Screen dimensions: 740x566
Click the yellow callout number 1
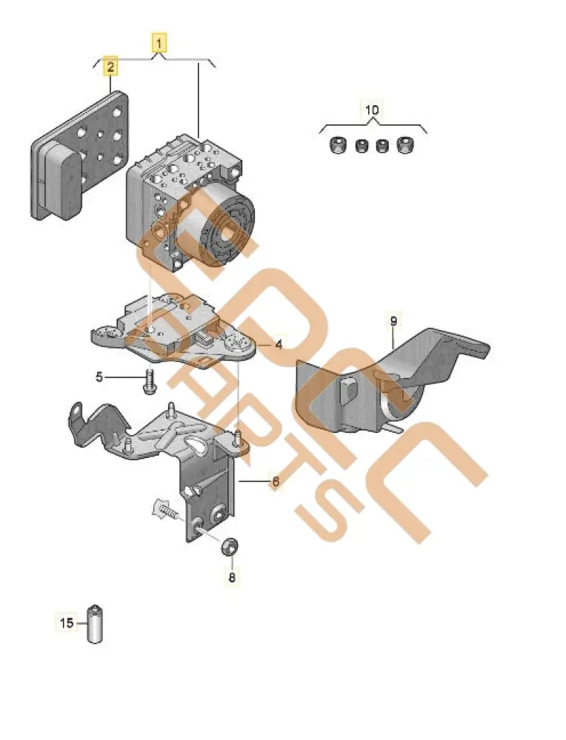[x=159, y=41]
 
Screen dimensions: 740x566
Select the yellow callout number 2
[x=110, y=67]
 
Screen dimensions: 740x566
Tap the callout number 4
[x=279, y=344]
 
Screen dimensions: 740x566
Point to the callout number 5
[x=100, y=377]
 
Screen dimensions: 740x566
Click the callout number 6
[x=275, y=482]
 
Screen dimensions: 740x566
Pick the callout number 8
[x=232, y=577]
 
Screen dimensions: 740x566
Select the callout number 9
[x=393, y=320]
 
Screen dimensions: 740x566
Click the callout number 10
[x=372, y=110]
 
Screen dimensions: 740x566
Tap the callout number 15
[x=67, y=623]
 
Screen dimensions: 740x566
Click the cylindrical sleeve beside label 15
[x=95, y=624]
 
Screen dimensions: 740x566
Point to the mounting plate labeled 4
[x=178, y=333]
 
